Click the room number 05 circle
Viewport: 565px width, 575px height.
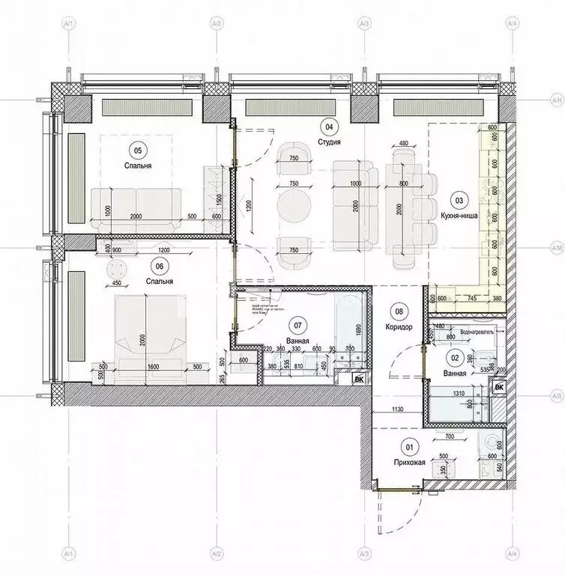pos(136,147)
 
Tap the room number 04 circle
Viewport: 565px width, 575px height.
pos(327,126)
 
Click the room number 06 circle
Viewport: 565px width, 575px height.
pos(159,264)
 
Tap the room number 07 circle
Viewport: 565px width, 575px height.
pos(297,325)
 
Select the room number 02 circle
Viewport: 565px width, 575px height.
pos(453,358)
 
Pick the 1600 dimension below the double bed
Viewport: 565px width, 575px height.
pos(152,368)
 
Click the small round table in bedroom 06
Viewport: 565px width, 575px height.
pos(118,269)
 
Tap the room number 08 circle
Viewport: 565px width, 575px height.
pos(399,311)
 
